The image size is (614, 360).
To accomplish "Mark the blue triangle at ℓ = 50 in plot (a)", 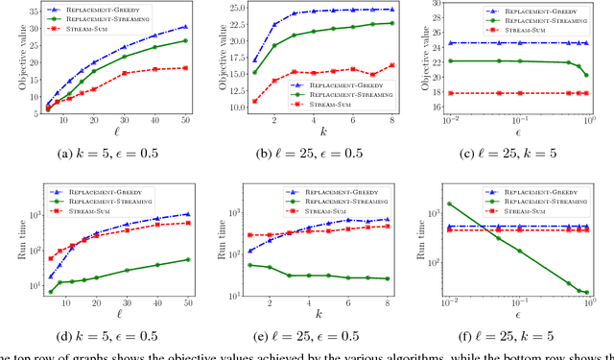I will (185, 26).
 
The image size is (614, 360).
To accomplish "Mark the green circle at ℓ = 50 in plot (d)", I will (185, 259).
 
